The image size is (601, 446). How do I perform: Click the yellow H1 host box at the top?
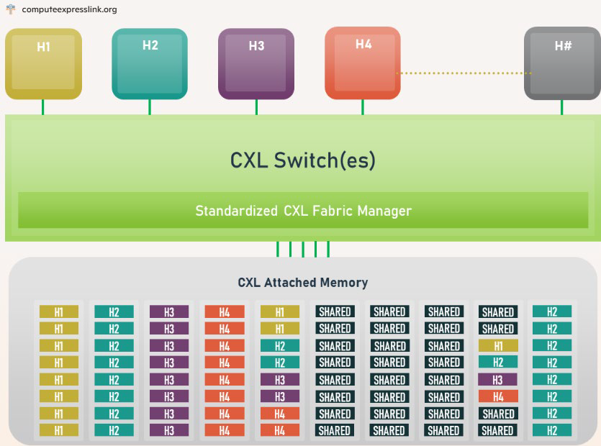tap(43, 63)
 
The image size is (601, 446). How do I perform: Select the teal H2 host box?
tap(150, 63)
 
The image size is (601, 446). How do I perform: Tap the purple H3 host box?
tap(256, 63)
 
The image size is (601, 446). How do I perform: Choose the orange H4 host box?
tap(363, 63)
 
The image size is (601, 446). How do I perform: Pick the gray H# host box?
tap(562, 63)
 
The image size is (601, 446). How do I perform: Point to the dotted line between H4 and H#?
tap(464, 73)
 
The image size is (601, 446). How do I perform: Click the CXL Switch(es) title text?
tap(302, 159)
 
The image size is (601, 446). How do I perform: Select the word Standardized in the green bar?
tap(234, 211)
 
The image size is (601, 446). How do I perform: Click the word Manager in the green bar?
tap(385, 211)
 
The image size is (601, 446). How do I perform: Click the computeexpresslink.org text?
tap(69, 9)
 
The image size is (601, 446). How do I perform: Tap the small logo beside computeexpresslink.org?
tap(10, 9)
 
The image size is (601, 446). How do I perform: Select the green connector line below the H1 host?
tap(43, 107)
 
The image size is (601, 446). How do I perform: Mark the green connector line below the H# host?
tap(562, 107)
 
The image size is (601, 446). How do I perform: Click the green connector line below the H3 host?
tap(256, 107)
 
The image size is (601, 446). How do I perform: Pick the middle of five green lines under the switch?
tap(303, 249)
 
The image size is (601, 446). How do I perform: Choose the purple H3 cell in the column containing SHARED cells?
tap(497, 379)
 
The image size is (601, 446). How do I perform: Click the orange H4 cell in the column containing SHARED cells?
tap(497, 396)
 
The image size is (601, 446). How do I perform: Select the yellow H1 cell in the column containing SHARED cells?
tap(497, 345)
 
